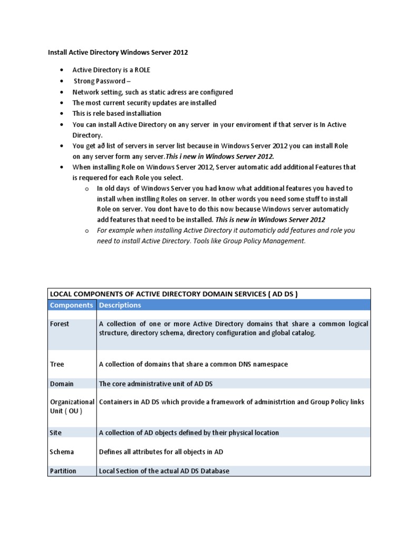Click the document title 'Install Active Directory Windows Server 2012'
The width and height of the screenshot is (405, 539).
coord(118,53)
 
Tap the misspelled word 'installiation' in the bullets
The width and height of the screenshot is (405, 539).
coord(141,113)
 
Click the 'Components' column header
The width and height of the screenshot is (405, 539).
coord(71,305)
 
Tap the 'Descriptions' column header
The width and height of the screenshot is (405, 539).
coord(120,305)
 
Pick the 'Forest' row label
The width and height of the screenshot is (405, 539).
coord(59,324)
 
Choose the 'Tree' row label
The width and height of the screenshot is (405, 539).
coord(56,364)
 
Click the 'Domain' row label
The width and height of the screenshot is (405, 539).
coord(62,384)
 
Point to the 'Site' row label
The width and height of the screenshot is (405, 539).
coord(55,433)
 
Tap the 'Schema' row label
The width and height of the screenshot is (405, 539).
coord(62,452)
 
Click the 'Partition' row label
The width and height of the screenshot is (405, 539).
coord(63,471)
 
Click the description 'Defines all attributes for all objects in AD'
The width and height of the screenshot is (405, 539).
coord(161,452)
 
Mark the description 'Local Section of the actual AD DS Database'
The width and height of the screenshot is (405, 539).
coord(164,471)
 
